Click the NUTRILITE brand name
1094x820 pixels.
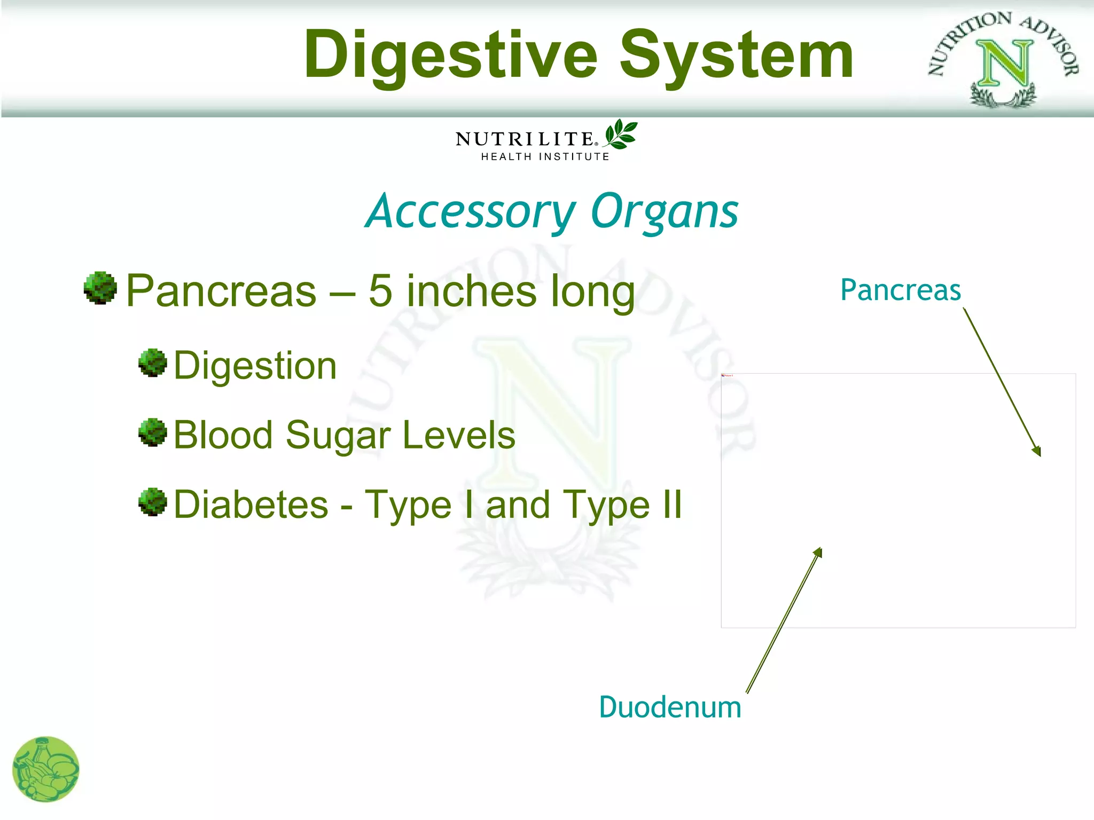pos(525,139)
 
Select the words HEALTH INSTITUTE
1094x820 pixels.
pos(545,156)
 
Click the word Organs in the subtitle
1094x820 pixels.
pos(665,212)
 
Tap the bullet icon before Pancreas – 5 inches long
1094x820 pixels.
pos(100,288)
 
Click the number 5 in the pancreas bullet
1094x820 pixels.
pos(380,291)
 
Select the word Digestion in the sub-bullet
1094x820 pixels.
pos(255,366)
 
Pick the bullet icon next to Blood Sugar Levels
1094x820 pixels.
pos(153,432)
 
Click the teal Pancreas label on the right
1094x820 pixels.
pos(901,290)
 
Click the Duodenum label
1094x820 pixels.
pos(670,707)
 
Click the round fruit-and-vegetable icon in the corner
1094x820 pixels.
pos(45,769)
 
